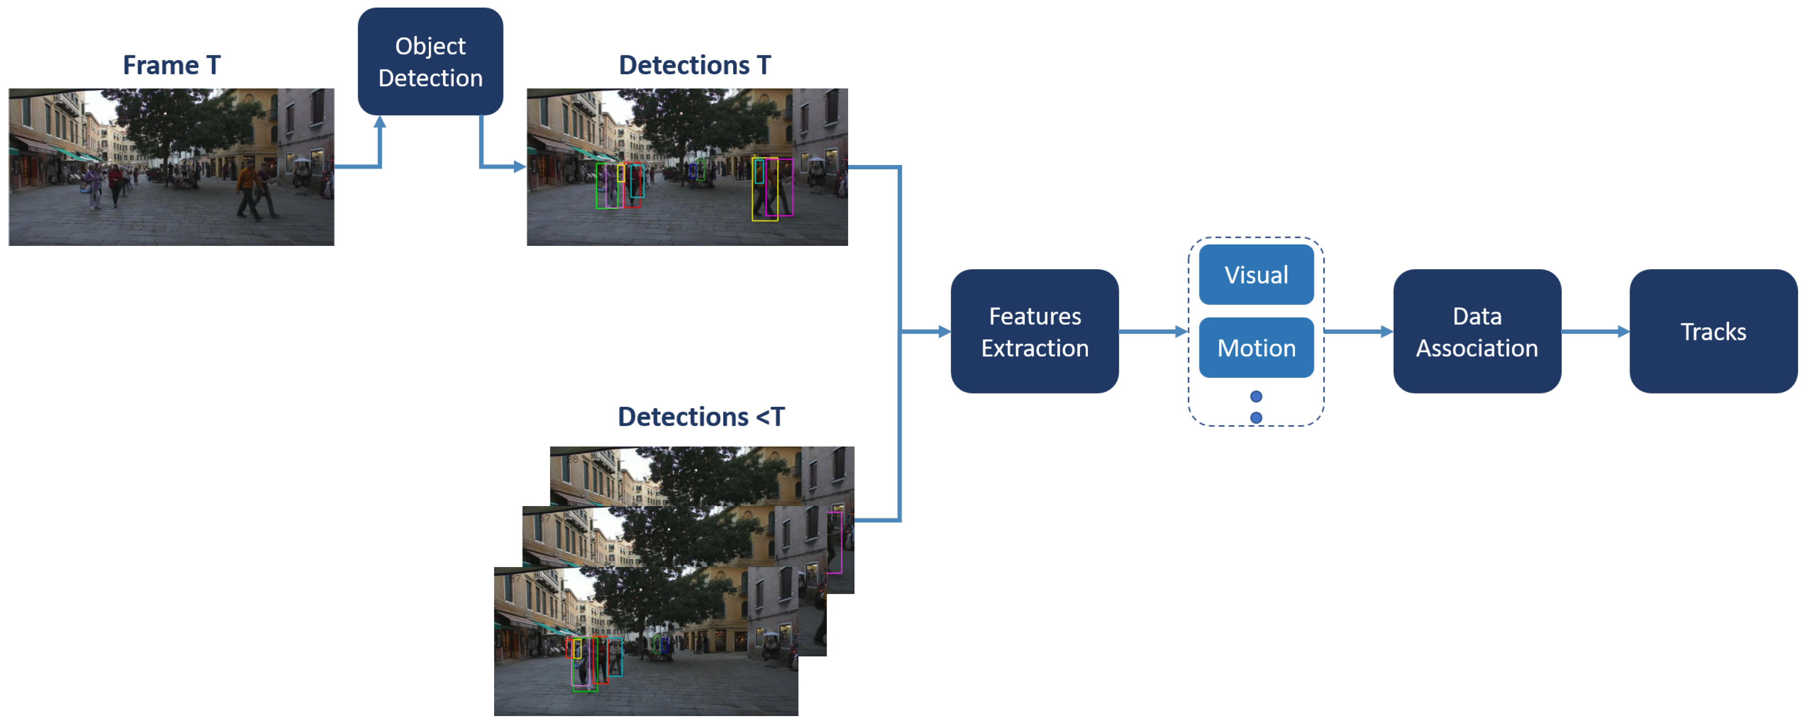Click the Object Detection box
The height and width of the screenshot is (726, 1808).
point(430,62)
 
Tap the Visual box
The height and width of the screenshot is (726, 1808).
point(1256,275)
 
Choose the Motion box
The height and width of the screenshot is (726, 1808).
point(1256,348)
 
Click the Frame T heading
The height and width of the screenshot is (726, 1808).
point(172,65)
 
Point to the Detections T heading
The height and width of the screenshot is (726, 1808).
point(694,65)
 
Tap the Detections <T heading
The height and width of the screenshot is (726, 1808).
point(700,417)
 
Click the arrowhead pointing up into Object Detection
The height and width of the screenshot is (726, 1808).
point(380,122)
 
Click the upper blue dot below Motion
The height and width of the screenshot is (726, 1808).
point(1256,397)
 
